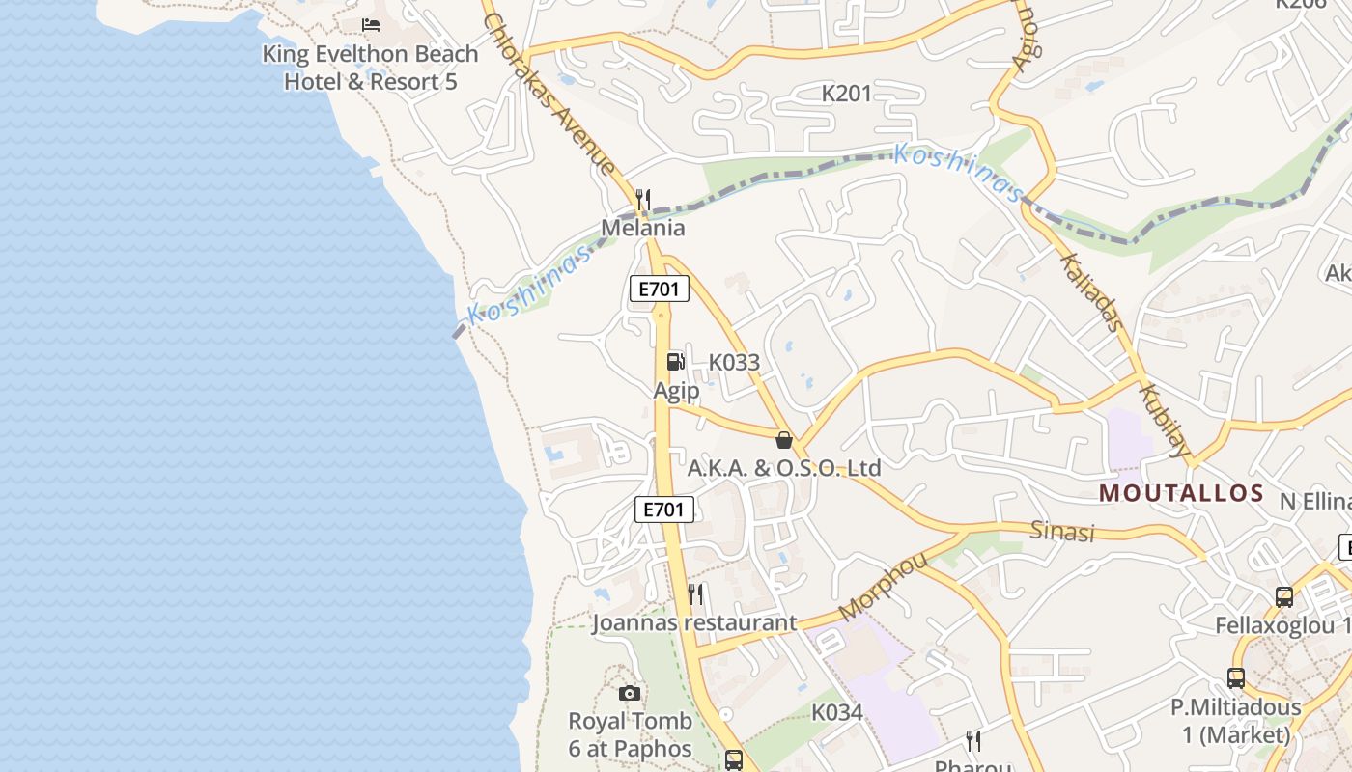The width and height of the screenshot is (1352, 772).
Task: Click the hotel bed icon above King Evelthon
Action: click(371, 24)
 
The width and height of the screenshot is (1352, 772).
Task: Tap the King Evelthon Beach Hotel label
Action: click(370, 68)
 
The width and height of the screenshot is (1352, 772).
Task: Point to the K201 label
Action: click(846, 94)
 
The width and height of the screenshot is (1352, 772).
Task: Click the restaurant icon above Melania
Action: click(643, 200)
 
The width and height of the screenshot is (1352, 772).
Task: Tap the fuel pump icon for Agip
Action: click(676, 362)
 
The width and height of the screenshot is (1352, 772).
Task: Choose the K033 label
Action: click(734, 363)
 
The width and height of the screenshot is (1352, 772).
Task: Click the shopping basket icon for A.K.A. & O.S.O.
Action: click(784, 440)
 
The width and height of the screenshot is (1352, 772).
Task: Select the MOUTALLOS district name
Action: click(1182, 493)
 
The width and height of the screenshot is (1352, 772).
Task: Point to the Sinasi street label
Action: click(1062, 531)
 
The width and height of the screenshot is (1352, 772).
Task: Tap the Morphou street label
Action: click(883, 586)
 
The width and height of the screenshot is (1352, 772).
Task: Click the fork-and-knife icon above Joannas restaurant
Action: click(695, 593)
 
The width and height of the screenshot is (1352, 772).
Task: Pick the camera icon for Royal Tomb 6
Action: click(630, 693)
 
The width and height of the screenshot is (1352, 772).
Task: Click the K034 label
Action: click(836, 713)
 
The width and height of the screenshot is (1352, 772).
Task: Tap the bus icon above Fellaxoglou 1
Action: click(1284, 596)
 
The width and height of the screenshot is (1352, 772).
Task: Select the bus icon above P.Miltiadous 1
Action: click(1236, 677)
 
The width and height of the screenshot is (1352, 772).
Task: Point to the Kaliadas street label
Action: click(1093, 292)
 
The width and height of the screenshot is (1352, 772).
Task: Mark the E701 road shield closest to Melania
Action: click(660, 288)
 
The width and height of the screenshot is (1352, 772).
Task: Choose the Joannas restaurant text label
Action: click(694, 623)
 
